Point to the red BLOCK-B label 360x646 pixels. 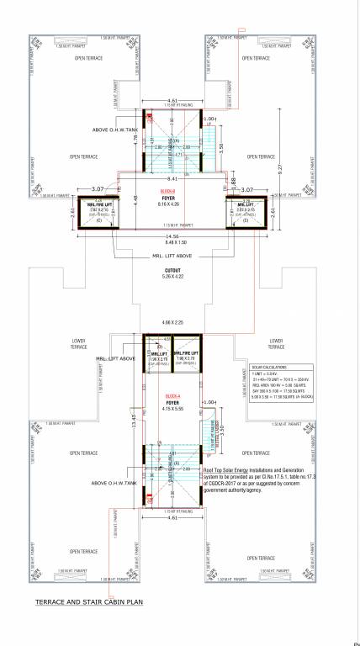click(177, 192)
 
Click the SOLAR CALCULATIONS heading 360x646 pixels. click(264, 368)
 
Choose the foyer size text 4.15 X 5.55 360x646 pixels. click(175, 409)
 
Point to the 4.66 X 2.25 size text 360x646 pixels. click(175, 322)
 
